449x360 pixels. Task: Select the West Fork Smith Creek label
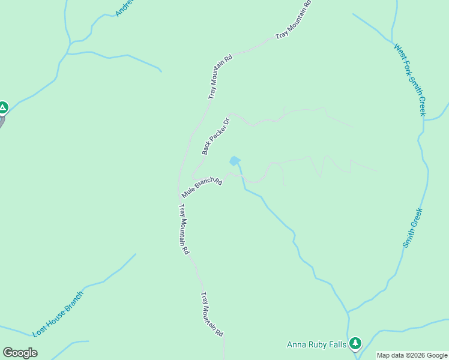[410, 78]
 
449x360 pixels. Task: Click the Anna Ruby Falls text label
[316, 344]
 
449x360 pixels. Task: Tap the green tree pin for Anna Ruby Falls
[356, 343]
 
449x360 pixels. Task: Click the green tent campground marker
[3, 108]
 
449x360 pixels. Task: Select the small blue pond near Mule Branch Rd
[234, 161]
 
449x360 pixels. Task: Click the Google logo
[20, 353]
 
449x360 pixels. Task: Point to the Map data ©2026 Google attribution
[412, 355]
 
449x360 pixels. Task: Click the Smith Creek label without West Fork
[413, 228]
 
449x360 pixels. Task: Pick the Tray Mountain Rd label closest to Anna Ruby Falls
[212, 314]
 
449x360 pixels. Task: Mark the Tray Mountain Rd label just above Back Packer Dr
[220, 77]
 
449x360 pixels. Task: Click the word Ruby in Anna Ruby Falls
[319, 344]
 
